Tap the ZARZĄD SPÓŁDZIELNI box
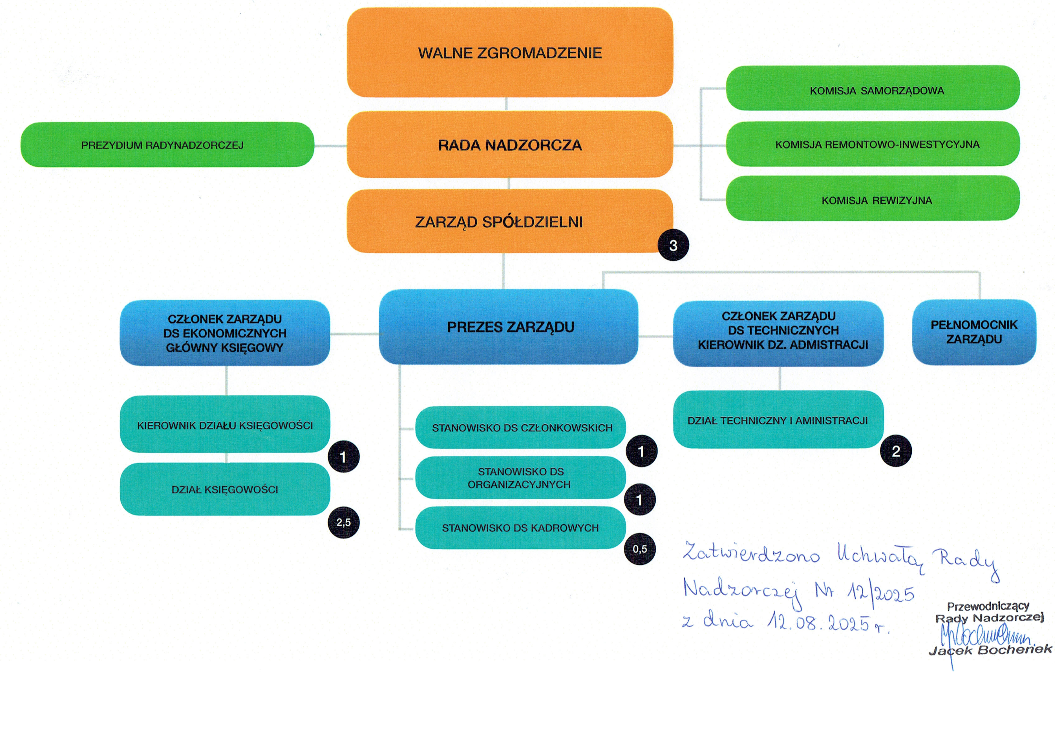tap(499, 221)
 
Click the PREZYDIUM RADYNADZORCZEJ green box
tap(167, 145)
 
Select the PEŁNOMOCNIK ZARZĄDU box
tap(974, 332)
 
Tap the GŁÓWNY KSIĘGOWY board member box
tap(225, 333)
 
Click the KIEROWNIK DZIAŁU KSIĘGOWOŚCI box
tap(225, 425)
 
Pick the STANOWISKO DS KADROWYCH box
tap(520, 528)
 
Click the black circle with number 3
tap(673, 246)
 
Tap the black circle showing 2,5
tap(343, 522)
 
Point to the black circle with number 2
tap(896, 451)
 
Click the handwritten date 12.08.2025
tap(818, 623)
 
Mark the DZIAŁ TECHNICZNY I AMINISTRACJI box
tap(778, 420)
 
